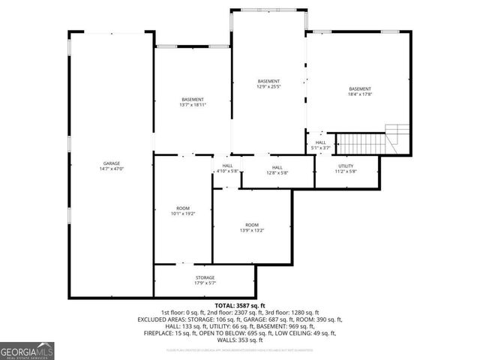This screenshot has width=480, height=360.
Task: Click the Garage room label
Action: pyautogui.click(x=112, y=163)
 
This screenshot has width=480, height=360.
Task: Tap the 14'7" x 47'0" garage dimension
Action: pyautogui.click(x=112, y=169)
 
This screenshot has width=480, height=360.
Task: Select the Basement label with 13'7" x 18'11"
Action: pyautogui.click(x=192, y=100)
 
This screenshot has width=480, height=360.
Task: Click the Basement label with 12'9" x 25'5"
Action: pyautogui.click(x=268, y=81)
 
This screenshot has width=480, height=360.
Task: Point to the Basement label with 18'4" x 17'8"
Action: pyautogui.click(x=359, y=89)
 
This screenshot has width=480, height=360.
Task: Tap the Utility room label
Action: pyautogui.click(x=346, y=166)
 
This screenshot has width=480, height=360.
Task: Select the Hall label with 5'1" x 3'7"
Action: pyautogui.click(x=320, y=142)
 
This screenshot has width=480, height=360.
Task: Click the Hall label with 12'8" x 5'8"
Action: pyautogui.click(x=277, y=167)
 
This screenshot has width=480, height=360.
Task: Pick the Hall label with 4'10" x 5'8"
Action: pyautogui.click(x=228, y=166)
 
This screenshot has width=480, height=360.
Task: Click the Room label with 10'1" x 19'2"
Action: pyautogui.click(x=183, y=208)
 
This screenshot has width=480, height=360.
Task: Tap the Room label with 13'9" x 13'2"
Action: pyautogui.click(x=252, y=225)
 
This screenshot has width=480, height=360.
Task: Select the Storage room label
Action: pyautogui.click(x=205, y=277)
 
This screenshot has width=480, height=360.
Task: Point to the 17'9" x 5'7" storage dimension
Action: pyautogui.click(x=205, y=283)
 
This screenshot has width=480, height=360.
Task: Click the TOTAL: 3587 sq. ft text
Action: pyautogui.click(x=239, y=306)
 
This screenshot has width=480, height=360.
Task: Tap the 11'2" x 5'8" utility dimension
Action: pyautogui.click(x=346, y=171)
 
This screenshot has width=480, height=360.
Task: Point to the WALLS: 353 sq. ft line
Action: pyautogui.click(x=239, y=339)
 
